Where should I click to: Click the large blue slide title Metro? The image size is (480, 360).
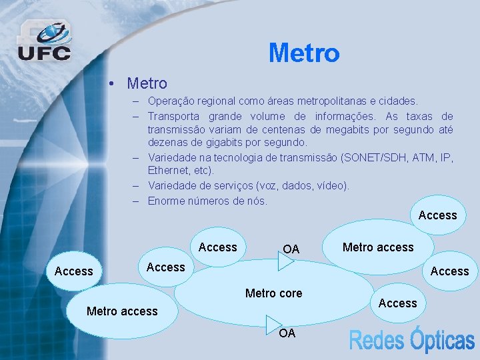point(304,53)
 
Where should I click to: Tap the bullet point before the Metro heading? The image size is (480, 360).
point(115,84)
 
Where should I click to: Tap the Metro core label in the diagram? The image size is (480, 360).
point(273,293)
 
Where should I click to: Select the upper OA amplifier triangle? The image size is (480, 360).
point(286,261)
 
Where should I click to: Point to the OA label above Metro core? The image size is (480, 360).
point(291,249)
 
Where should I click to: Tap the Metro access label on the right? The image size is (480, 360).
point(378,247)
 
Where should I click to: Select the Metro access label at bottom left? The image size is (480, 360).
point(122,311)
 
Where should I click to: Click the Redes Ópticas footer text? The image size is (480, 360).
point(412,341)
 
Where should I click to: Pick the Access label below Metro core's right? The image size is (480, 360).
point(397,303)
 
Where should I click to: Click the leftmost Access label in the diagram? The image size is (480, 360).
point(74,271)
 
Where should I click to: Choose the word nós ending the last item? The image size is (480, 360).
point(256,201)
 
